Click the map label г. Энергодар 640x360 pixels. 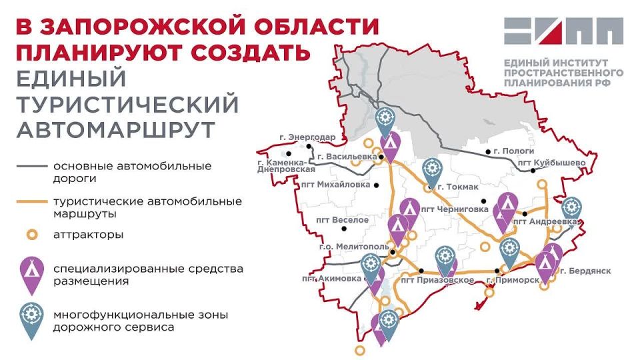(308, 137)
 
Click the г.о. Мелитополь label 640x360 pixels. (355, 247)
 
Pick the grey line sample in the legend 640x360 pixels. (32, 165)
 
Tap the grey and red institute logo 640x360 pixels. (563, 33)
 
